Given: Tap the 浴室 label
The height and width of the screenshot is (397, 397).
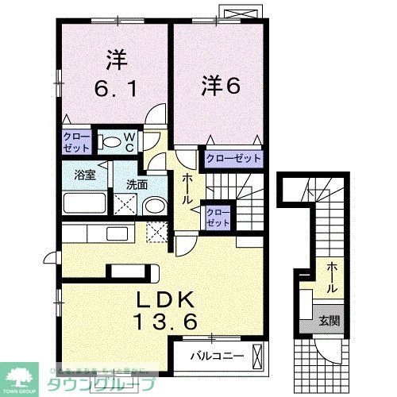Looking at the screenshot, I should pyautogui.click(x=86, y=175).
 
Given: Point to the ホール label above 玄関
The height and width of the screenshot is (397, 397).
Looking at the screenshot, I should pyautogui.click(x=328, y=269).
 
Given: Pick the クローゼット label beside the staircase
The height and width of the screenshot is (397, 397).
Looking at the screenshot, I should pyautogui.click(x=216, y=217).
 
